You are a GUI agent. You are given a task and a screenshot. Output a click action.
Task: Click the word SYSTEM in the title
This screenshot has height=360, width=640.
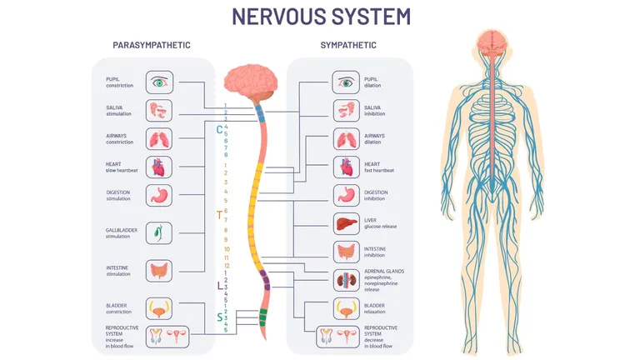click(371, 17)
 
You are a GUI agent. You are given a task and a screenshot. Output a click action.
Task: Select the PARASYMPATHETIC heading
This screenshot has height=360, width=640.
click(152, 45)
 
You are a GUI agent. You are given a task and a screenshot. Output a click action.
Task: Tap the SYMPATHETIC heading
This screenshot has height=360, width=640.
click(348, 45)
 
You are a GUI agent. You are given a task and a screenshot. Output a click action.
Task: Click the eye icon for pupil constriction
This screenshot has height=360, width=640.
click(160, 82)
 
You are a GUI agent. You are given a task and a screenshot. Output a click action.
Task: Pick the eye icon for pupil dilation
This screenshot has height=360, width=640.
click(346, 82)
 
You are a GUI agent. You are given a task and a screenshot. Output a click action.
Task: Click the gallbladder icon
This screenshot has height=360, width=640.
click(159, 233)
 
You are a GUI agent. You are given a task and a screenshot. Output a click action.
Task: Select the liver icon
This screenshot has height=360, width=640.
click(346, 223)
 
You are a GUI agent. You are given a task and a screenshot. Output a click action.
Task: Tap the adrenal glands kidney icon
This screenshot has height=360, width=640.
click(346, 280)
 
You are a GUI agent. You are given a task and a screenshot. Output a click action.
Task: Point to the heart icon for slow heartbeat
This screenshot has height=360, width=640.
click(159, 167)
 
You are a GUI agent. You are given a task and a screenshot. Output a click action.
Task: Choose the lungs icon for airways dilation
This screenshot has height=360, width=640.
click(346, 139)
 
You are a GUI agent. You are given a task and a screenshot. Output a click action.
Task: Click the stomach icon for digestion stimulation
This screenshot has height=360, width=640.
click(159, 196)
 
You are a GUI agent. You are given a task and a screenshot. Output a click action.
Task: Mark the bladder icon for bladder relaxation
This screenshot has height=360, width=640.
click(346, 308)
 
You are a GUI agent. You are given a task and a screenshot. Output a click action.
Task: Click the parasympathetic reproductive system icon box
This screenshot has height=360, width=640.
click(167, 337)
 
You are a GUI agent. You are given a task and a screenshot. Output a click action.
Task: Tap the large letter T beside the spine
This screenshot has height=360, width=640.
click(220, 215)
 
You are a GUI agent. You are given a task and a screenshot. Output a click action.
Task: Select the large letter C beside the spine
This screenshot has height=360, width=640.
click(220, 130)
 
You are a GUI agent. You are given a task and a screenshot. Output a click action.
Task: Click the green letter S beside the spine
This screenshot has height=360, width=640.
click(220, 317)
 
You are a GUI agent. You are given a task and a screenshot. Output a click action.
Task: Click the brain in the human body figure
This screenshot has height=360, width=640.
click(492, 42)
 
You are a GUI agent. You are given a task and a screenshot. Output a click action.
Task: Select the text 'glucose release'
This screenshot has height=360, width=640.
click(380, 227)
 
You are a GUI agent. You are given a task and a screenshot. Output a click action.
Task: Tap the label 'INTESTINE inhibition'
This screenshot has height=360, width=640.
click(375, 252)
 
